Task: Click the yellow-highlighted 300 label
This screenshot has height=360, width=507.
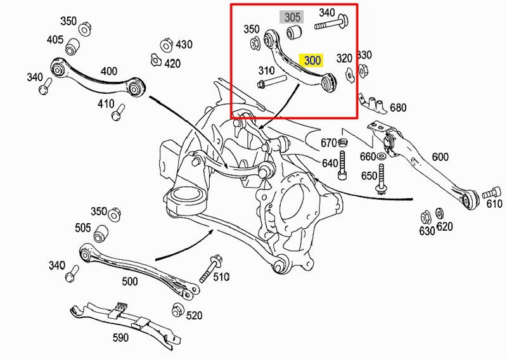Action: click(x=313, y=61)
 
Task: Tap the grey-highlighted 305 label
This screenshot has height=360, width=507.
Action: click(x=292, y=17)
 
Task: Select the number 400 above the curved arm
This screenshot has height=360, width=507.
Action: click(x=109, y=71)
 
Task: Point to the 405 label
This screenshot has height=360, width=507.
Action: click(x=55, y=40)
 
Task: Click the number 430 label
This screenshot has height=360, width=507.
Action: click(x=184, y=44)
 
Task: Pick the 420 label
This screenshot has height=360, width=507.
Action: click(x=172, y=63)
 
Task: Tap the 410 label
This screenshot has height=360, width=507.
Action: click(x=106, y=104)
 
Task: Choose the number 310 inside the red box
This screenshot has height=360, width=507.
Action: click(x=267, y=70)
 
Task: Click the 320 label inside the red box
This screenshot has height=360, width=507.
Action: click(x=344, y=58)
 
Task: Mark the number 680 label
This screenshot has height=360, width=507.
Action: click(x=397, y=108)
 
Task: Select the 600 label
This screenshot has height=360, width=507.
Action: click(x=440, y=157)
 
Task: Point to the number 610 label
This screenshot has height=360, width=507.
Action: click(x=494, y=203)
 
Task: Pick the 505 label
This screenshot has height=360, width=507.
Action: click(x=82, y=228)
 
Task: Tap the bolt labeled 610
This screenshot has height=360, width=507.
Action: click(x=488, y=192)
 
